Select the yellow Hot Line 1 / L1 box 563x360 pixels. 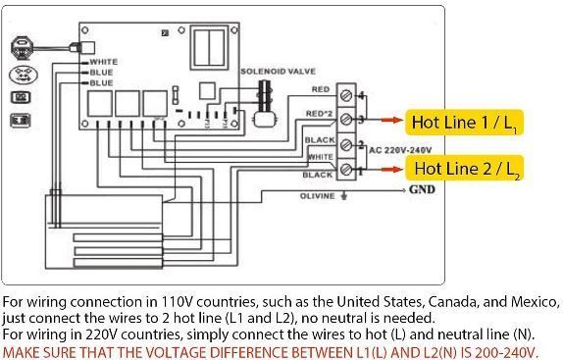(x=465, y=123)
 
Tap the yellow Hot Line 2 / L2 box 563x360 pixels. (x=465, y=168)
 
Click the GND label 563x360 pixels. (x=422, y=190)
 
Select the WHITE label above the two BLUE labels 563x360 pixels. (x=102, y=62)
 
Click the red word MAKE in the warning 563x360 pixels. (x=21, y=351)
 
